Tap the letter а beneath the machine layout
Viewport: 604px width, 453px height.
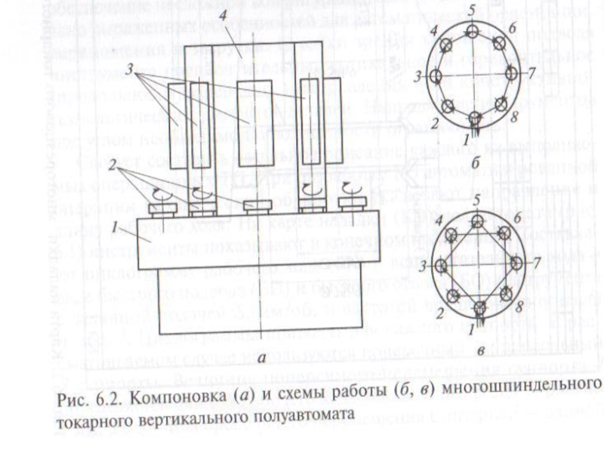pyautogui.click(x=261, y=358)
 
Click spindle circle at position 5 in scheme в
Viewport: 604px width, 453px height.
pyautogui.click(x=477, y=220)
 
